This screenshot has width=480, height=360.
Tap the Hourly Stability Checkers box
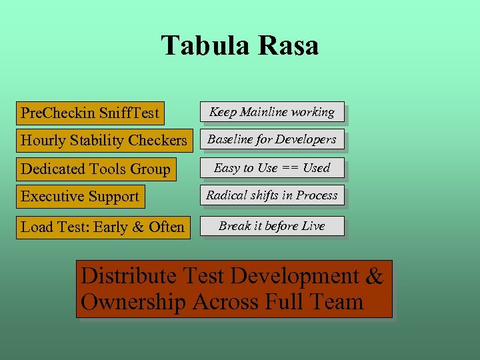(x=103, y=141)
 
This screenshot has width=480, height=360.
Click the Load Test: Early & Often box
(x=103, y=227)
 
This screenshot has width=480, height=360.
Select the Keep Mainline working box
(x=272, y=112)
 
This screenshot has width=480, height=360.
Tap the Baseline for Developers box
(x=272, y=139)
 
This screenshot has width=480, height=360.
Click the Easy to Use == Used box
(x=272, y=167)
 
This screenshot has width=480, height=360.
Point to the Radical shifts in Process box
(x=272, y=195)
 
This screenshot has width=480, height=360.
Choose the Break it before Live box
(x=272, y=226)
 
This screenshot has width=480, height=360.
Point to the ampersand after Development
(x=375, y=276)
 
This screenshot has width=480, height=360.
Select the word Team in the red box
(x=337, y=302)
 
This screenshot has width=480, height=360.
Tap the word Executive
(x=51, y=197)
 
